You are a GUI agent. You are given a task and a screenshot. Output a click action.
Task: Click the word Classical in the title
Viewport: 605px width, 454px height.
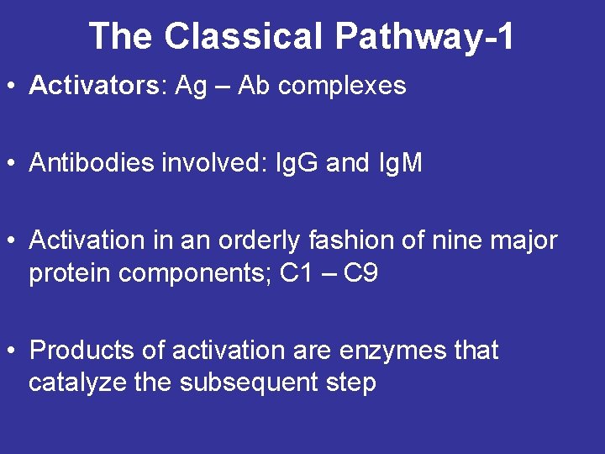244,36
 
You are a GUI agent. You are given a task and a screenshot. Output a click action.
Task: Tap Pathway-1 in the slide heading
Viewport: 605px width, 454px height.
424,36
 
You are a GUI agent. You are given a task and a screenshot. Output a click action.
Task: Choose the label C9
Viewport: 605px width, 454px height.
360,274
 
